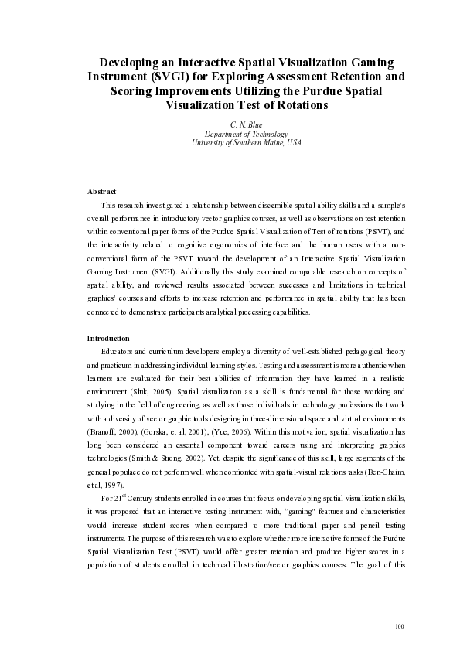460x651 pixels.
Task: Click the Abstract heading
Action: tap(101, 191)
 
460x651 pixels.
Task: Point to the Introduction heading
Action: tap(108, 338)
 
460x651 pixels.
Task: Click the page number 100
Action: tap(399, 625)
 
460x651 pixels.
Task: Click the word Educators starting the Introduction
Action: tap(120, 352)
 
